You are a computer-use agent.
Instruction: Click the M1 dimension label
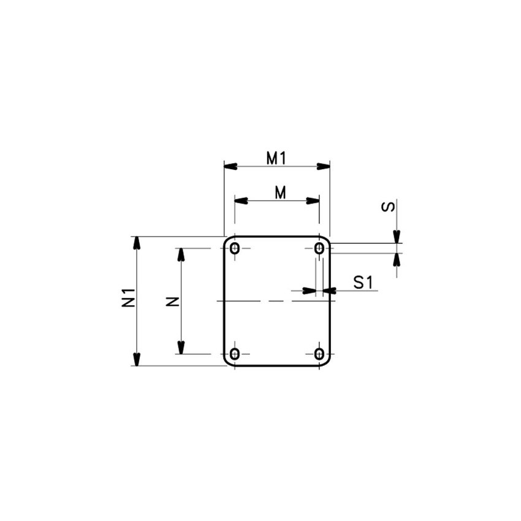(x=276, y=158)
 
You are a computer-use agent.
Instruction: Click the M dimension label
(x=281, y=192)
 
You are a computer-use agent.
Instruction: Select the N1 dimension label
(x=128, y=297)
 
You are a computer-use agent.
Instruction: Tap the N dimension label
(x=173, y=302)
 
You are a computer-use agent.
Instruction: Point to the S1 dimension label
(x=363, y=283)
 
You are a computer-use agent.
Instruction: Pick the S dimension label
(x=388, y=207)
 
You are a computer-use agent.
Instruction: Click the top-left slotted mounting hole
(x=235, y=248)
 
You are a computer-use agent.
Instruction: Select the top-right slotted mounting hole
(x=319, y=248)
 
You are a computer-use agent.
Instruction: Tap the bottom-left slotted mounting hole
(x=235, y=354)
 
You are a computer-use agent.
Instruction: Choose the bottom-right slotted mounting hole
(x=319, y=354)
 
